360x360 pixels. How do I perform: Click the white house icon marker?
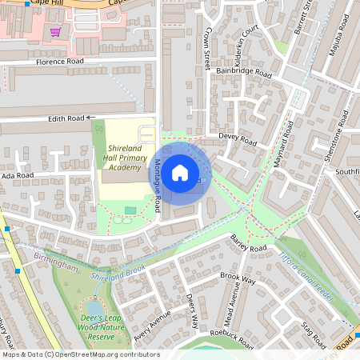tap(180, 172)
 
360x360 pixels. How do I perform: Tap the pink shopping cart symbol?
tap(55, 32)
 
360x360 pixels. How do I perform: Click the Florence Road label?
tap(60, 61)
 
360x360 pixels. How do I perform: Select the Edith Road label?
tap(66, 118)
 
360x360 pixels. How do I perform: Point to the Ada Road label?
tap(18, 175)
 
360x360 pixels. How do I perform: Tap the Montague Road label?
tap(158, 181)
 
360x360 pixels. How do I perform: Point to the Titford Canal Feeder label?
tap(305, 272)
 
